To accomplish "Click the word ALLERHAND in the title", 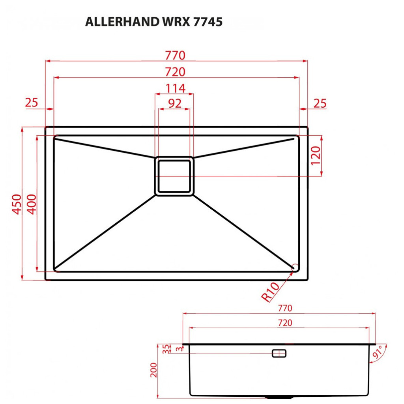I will [x=121, y=22].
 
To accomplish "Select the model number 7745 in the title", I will [x=208, y=22].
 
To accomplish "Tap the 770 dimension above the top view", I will [x=175, y=55].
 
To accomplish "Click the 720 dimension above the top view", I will [x=175, y=72].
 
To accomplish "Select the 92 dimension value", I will [x=175, y=103].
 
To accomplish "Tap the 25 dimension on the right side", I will [x=320, y=103].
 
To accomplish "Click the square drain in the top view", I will [x=174, y=176].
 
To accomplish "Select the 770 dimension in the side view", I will [x=285, y=308].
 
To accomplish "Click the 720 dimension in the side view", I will [x=285, y=323].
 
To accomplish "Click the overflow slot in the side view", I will [x=279, y=353].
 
